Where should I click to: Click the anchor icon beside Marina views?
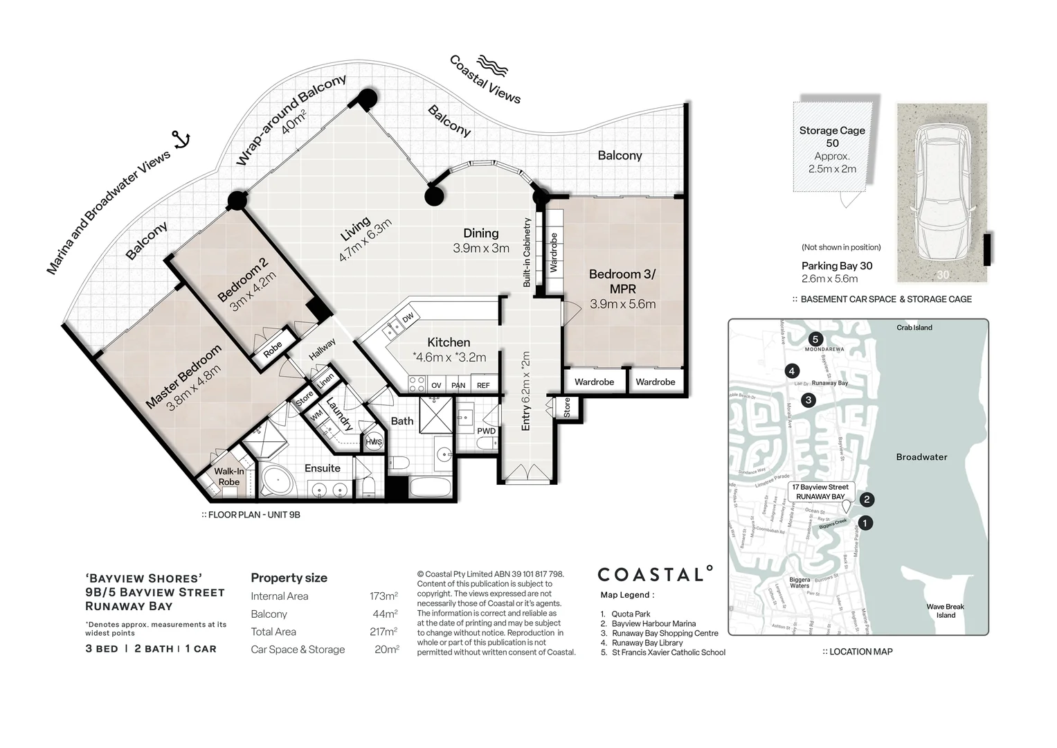(x=182, y=140)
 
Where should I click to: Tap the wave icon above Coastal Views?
(x=491, y=66)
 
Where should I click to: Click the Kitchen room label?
(x=449, y=342)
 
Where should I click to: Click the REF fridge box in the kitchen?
(x=483, y=385)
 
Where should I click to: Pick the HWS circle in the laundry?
(x=374, y=442)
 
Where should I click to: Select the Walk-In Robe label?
(x=229, y=477)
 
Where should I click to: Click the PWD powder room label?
(x=486, y=431)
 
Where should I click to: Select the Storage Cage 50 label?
(x=832, y=136)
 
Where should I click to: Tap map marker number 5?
(x=815, y=339)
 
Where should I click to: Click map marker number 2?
(x=867, y=499)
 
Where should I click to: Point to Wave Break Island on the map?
(x=945, y=611)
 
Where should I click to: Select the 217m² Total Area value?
(x=383, y=632)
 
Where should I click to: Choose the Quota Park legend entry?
(x=631, y=614)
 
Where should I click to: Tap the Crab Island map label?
(x=914, y=328)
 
